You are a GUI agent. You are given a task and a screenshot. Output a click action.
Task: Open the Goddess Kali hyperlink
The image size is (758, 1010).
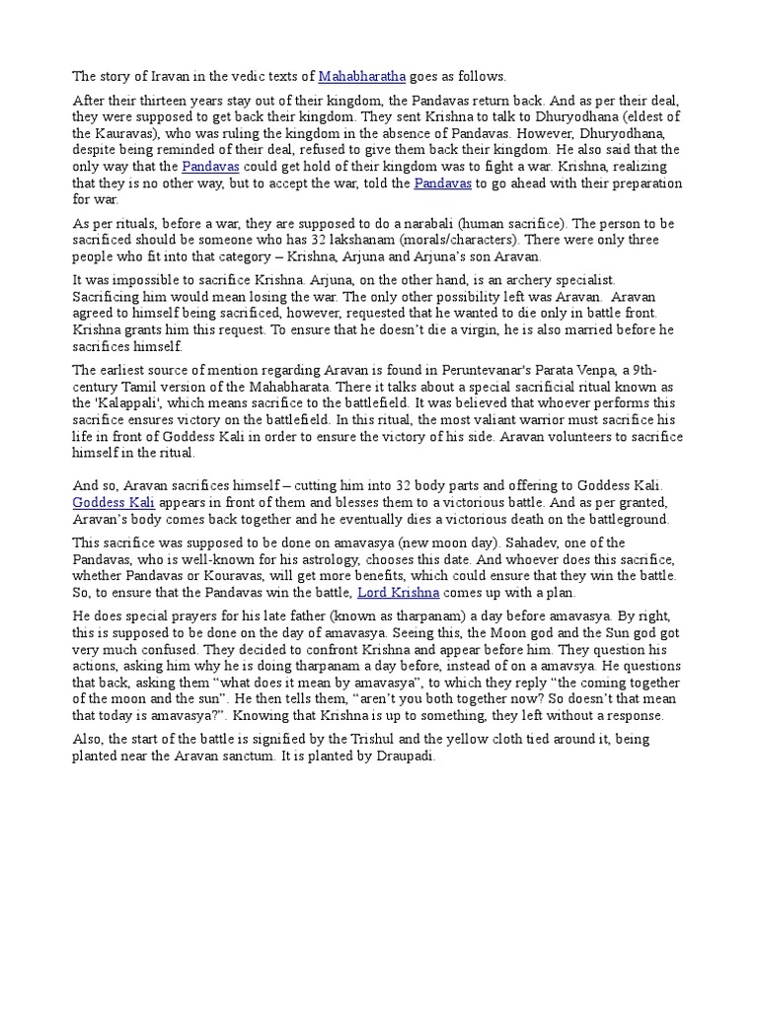point(114,502)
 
